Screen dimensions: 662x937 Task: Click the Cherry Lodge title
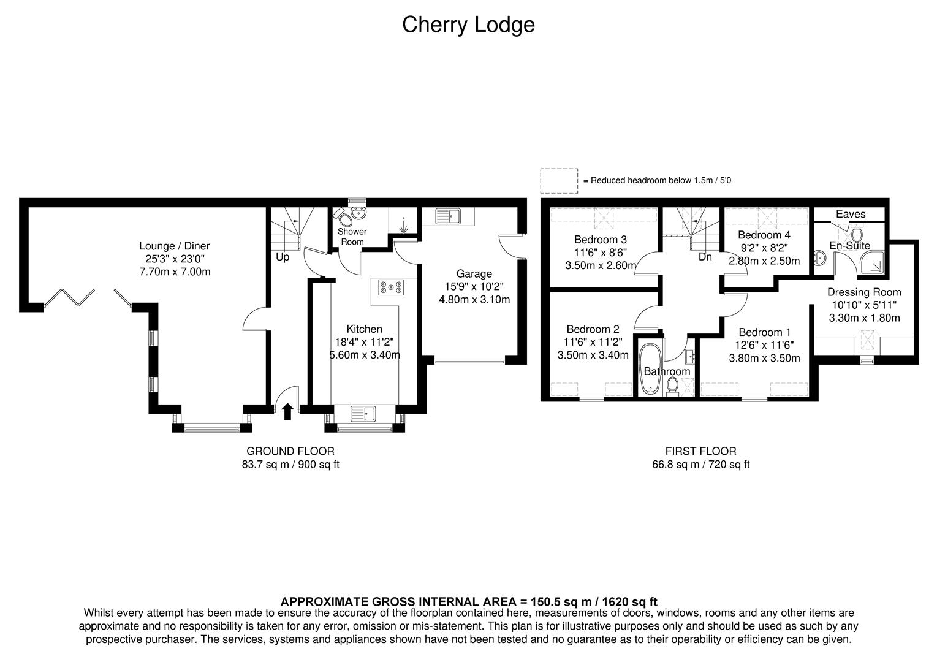468,25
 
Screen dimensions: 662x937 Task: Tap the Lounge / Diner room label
175,246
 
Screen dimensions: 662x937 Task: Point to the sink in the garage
448,216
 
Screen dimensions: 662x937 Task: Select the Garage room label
474,274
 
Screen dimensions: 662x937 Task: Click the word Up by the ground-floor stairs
282,257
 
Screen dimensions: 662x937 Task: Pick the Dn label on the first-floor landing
705,257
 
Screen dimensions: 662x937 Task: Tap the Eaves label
851,214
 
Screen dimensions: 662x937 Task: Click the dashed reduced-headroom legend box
558,181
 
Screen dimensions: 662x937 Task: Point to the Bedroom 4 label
764,235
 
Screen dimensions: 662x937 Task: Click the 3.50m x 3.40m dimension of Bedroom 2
593,356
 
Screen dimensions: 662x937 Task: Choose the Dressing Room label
864,292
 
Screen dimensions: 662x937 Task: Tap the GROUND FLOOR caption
290,451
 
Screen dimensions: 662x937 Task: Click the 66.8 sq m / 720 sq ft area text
700,465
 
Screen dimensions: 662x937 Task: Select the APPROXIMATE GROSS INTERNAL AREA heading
468,601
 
